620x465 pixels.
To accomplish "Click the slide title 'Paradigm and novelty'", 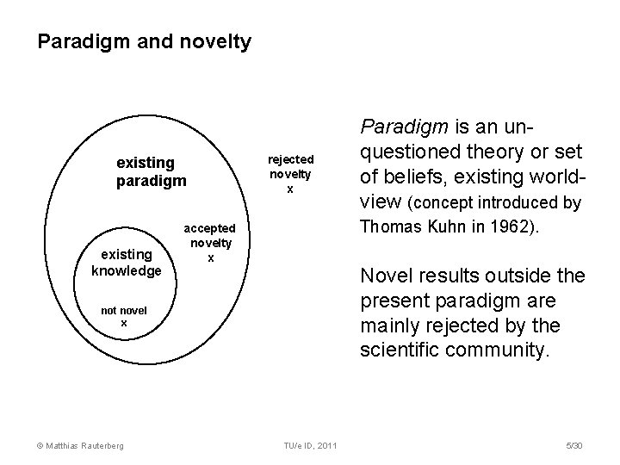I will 145,41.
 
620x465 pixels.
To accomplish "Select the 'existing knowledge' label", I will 127,263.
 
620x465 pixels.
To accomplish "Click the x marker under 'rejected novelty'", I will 290,189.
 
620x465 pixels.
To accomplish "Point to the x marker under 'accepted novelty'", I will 210,257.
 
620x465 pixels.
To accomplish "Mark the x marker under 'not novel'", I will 123,322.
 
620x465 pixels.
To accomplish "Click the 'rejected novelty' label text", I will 290,167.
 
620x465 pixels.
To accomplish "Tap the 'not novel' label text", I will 124,310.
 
